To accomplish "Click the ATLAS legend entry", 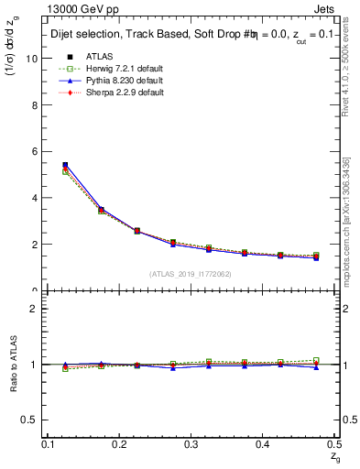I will tap(91, 57).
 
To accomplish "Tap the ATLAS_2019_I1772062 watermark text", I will tap(191, 274).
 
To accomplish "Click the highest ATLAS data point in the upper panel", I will tap(65, 165).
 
